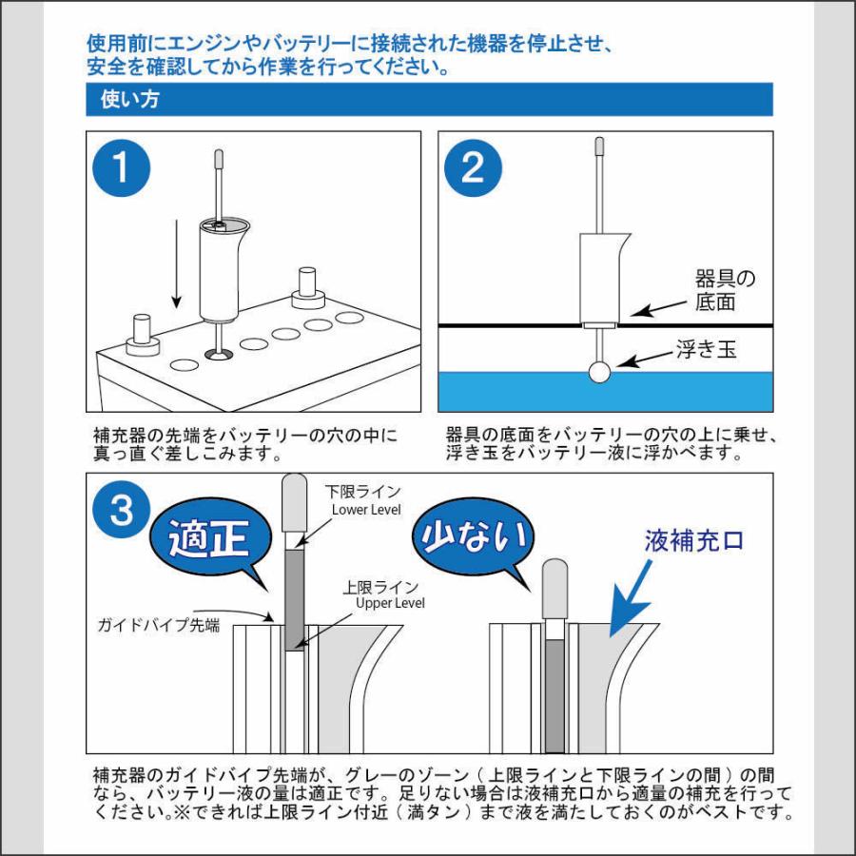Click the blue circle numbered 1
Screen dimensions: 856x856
122,167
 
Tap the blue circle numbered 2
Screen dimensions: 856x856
473,167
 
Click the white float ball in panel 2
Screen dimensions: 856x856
600,372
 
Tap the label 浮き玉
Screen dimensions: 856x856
704,350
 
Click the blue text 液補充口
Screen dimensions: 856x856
692,541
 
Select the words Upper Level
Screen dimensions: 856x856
390,603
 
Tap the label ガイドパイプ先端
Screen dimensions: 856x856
159,626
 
